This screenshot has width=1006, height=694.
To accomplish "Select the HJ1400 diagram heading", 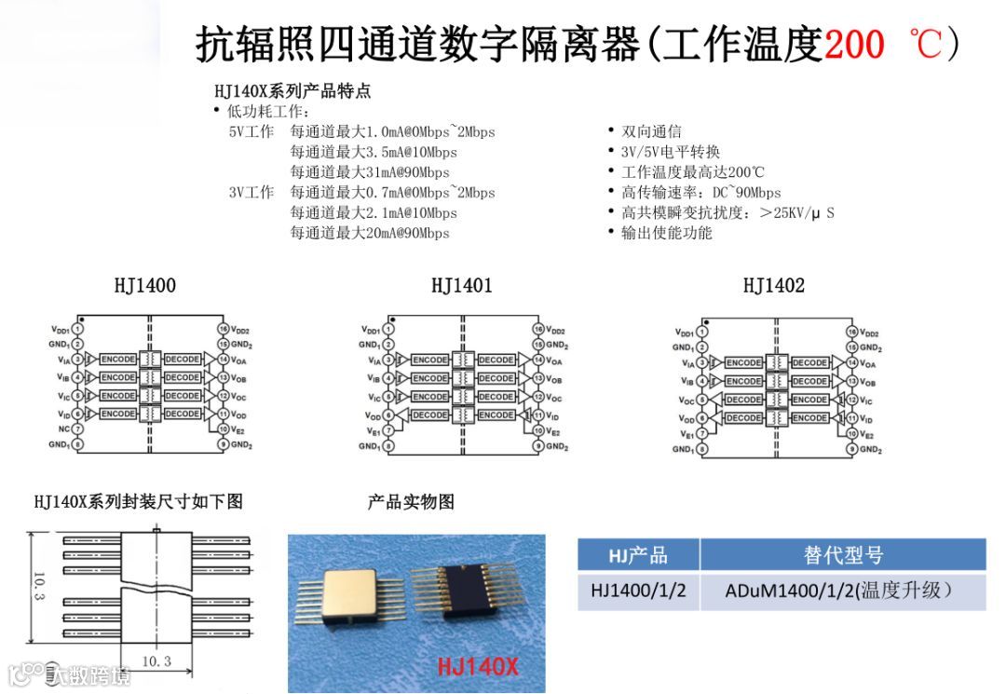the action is tap(144, 285).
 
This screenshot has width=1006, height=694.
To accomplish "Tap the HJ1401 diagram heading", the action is tap(461, 285).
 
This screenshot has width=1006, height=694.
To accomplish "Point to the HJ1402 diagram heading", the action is tap(773, 285).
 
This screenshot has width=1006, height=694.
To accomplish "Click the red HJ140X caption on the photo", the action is tap(478, 667).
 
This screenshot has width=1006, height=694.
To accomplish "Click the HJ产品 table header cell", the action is tap(638, 555).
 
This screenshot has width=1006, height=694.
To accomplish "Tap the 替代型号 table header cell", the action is tap(842, 555).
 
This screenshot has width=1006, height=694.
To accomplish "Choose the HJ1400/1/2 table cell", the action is tap(638, 591).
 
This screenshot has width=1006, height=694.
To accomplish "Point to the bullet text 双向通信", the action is tap(651, 131).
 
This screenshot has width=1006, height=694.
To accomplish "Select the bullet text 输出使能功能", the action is tap(666, 233).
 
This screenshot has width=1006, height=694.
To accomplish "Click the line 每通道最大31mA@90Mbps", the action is tap(370, 172).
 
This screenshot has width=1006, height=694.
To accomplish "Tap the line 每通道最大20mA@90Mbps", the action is tap(370, 233).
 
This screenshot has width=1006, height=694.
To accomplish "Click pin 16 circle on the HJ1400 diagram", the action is tap(223, 329).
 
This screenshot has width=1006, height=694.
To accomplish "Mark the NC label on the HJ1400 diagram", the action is tap(64, 429).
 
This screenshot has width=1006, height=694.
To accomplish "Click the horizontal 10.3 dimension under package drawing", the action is tap(156, 660).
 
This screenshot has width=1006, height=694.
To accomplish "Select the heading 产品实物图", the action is tap(411, 501).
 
